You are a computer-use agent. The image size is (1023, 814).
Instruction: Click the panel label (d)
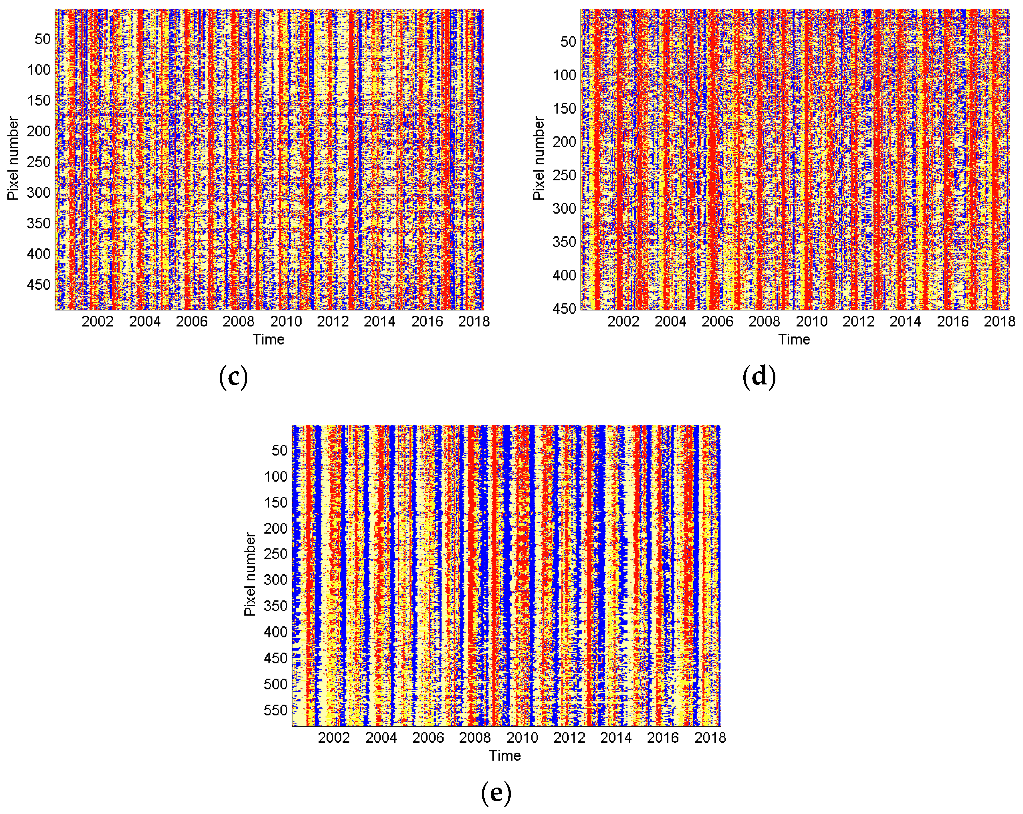(x=759, y=377)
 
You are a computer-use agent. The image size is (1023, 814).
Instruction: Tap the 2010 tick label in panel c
(x=286, y=322)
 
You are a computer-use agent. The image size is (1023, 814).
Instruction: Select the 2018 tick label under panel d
(x=999, y=322)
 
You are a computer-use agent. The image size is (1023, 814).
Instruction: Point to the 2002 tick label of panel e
(x=334, y=738)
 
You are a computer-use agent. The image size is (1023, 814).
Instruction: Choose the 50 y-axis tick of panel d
(x=568, y=42)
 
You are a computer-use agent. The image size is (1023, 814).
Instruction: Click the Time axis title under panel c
(x=268, y=340)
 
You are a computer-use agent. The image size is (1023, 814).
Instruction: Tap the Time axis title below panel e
(x=505, y=756)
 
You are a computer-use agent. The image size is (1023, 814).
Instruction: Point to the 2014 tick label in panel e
(x=616, y=738)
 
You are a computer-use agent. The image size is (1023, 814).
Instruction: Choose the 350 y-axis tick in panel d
(x=564, y=242)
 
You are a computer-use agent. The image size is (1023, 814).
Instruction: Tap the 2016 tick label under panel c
(x=427, y=322)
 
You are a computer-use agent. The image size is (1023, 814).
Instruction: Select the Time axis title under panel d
(x=794, y=340)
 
